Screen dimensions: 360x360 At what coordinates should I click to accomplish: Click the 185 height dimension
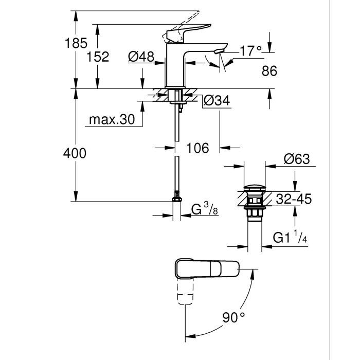click(77, 43)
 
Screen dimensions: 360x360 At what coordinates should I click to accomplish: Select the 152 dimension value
click(98, 57)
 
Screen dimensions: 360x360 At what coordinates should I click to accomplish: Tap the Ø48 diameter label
click(141, 57)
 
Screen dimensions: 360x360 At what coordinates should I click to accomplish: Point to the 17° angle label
click(251, 50)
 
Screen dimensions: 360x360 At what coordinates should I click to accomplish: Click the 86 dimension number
click(269, 71)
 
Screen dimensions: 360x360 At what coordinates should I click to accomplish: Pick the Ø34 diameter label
click(216, 101)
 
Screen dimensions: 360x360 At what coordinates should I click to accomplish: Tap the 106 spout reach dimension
click(197, 149)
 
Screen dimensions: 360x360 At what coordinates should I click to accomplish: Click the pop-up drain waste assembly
click(253, 203)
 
